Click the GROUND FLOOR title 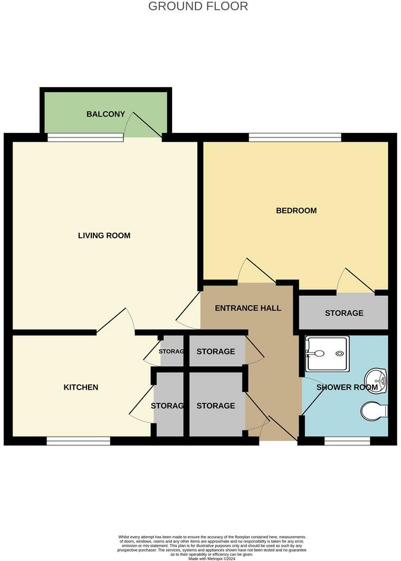coord(198,6)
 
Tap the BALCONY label coord(106,114)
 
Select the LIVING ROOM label coord(104,235)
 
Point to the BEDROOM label coord(296,210)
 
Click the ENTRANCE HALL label coord(248,308)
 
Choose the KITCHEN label coord(81,387)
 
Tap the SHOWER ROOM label coord(347,388)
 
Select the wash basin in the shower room coord(376,378)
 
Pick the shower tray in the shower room coord(327,354)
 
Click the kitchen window coord(78,441)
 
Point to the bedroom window coord(295,138)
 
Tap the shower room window coord(347,441)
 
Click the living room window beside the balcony coord(85,138)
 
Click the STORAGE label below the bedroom coord(344,313)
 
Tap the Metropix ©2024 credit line coord(212,558)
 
